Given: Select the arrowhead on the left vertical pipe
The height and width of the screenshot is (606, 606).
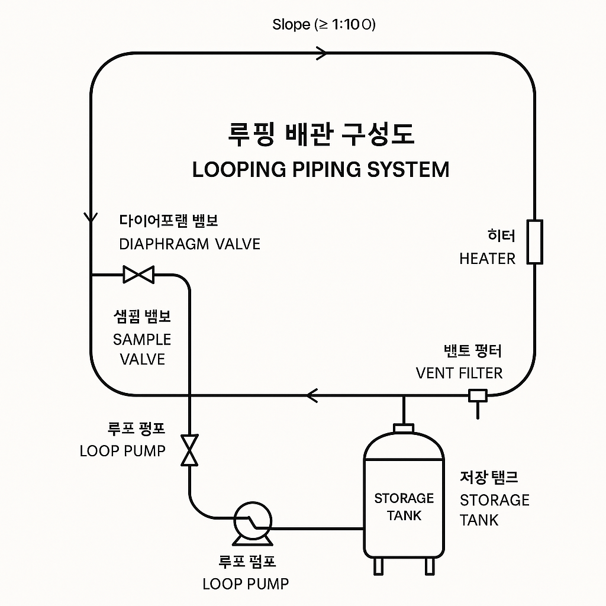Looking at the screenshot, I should [91, 217].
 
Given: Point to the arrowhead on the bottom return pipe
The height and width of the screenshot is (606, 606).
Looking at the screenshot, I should [311, 395].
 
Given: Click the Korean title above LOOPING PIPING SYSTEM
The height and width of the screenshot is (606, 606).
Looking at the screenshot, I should [321, 134].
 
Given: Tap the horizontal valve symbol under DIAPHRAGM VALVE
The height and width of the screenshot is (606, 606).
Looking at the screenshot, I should [138, 274].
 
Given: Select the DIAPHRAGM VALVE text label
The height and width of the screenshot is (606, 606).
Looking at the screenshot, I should [189, 244].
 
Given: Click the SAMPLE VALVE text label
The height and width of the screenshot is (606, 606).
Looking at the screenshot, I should [142, 349].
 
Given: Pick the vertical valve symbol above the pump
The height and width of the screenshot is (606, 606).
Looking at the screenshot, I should [190, 450].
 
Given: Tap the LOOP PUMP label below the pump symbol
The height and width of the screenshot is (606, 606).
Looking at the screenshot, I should [246, 584].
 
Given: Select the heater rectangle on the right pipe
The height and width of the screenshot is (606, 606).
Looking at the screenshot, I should [535, 241].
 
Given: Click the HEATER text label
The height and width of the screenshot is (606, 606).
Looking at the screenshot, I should [487, 259].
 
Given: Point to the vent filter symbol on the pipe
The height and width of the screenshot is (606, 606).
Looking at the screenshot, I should [477, 395].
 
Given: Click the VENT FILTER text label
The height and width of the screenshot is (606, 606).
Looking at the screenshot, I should [459, 373].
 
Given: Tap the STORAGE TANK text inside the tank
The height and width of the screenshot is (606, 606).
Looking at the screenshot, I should [404, 507].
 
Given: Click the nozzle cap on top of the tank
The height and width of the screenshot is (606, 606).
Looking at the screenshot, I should [404, 428].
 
